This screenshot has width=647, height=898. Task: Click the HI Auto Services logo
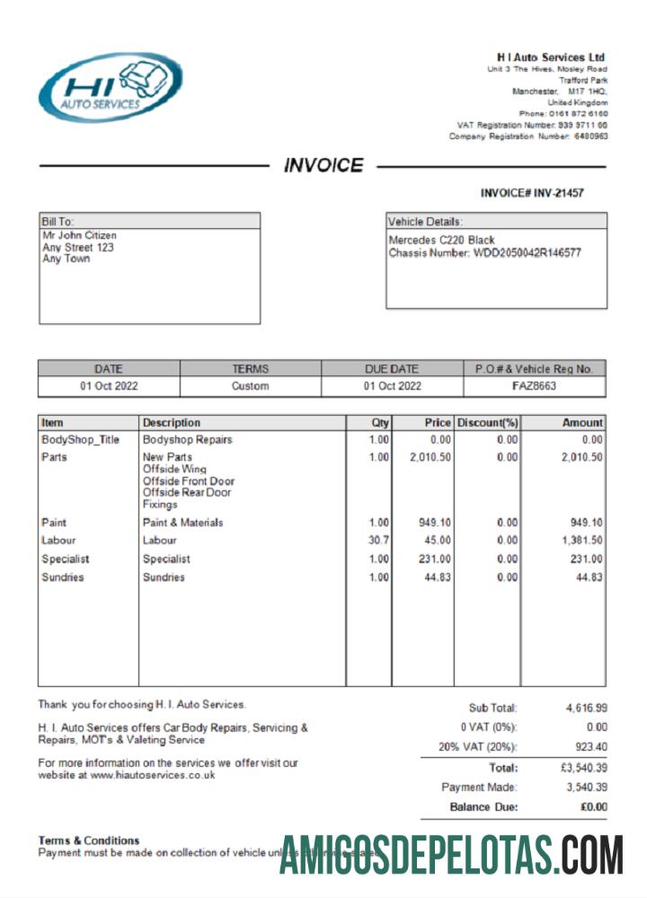110,87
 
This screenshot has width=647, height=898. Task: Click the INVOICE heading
323,165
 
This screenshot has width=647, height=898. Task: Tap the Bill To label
58,221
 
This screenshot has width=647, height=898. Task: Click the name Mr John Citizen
79,236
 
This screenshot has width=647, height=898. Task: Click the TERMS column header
250,368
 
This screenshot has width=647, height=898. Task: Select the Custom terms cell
250,386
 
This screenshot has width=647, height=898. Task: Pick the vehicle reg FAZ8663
534,386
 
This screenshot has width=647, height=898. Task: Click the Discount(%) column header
487,422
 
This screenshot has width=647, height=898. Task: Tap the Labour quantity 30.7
378,541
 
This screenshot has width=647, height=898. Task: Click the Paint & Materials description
182,523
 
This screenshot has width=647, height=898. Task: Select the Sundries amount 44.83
589,577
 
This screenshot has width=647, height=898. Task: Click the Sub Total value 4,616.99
586,708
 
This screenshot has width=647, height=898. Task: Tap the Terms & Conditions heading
88,841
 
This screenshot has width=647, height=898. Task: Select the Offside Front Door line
188,481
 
